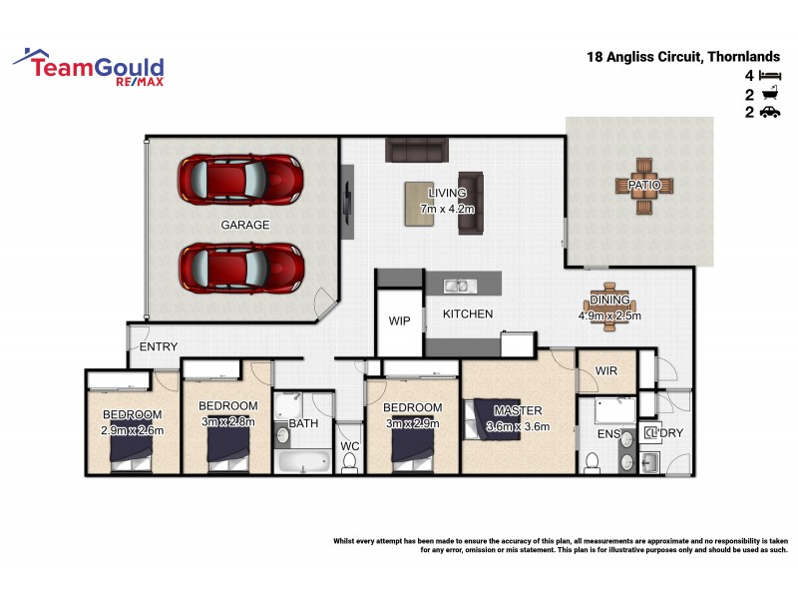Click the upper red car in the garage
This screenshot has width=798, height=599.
click(x=240, y=181)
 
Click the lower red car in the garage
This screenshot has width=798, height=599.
click(x=240, y=267)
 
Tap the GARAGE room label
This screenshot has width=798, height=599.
click(x=245, y=226)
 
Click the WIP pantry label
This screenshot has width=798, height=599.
click(x=400, y=321)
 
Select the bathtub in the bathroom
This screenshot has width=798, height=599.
click(x=302, y=461)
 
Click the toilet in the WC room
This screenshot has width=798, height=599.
click(x=349, y=460)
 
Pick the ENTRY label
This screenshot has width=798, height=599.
click(x=159, y=347)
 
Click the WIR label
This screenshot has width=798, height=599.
click(x=607, y=371)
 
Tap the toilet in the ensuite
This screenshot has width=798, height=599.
click(x=591, y=461)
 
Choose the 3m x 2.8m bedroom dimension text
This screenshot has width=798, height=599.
click(x=228, y=420)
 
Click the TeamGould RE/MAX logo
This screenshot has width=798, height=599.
click(x=89, y=67)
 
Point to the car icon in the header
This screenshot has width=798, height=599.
click(x=769, y=113)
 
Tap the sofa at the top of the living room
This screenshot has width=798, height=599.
click(x=417, y=151)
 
